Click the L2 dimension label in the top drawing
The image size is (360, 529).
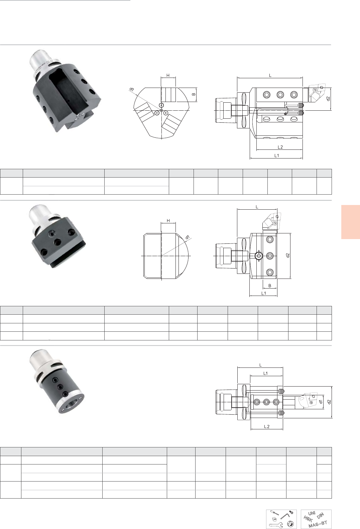(x=280, y=147)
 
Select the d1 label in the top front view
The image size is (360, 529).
(x=132, y=89)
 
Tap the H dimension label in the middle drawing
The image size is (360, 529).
(x=168, y=221)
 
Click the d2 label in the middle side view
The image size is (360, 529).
(x=288, y=255)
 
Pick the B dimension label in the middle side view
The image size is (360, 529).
(x=270, y=286)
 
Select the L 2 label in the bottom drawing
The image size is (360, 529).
(x=267, y=426)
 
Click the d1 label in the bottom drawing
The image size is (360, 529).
(x=321, y=402)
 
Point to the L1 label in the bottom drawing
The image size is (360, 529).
(x=266, y=374)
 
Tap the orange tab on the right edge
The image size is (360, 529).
(x=351, y=222)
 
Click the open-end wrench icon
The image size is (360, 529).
(x=275, y=524)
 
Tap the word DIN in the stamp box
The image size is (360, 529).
(x=321, y=515)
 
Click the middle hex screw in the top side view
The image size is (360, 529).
(x=280, y=95)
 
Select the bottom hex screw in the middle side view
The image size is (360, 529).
(x=270, y=273)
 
